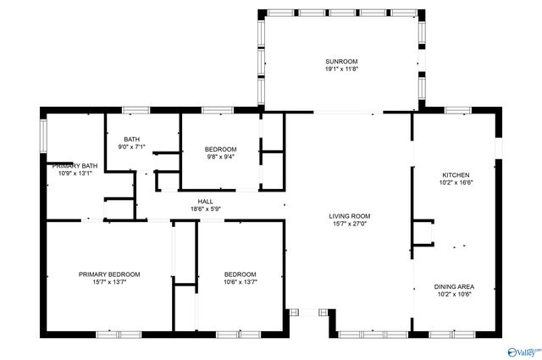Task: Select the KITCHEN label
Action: point(455,174)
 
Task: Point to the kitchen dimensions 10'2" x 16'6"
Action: point(455,182)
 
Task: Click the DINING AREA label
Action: point(455,287)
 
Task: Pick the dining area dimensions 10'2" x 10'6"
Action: point(455,296)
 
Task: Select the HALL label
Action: point(205,201)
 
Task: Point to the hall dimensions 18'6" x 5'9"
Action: point(205,209)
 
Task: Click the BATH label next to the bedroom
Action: point(131,140)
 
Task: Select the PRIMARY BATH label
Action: point(77,166)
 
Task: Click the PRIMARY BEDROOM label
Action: point(109,274)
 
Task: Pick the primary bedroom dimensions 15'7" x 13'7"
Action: point(109,284)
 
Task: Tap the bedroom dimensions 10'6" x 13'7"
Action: point(240,284)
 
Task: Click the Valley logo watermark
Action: point(521,351)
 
